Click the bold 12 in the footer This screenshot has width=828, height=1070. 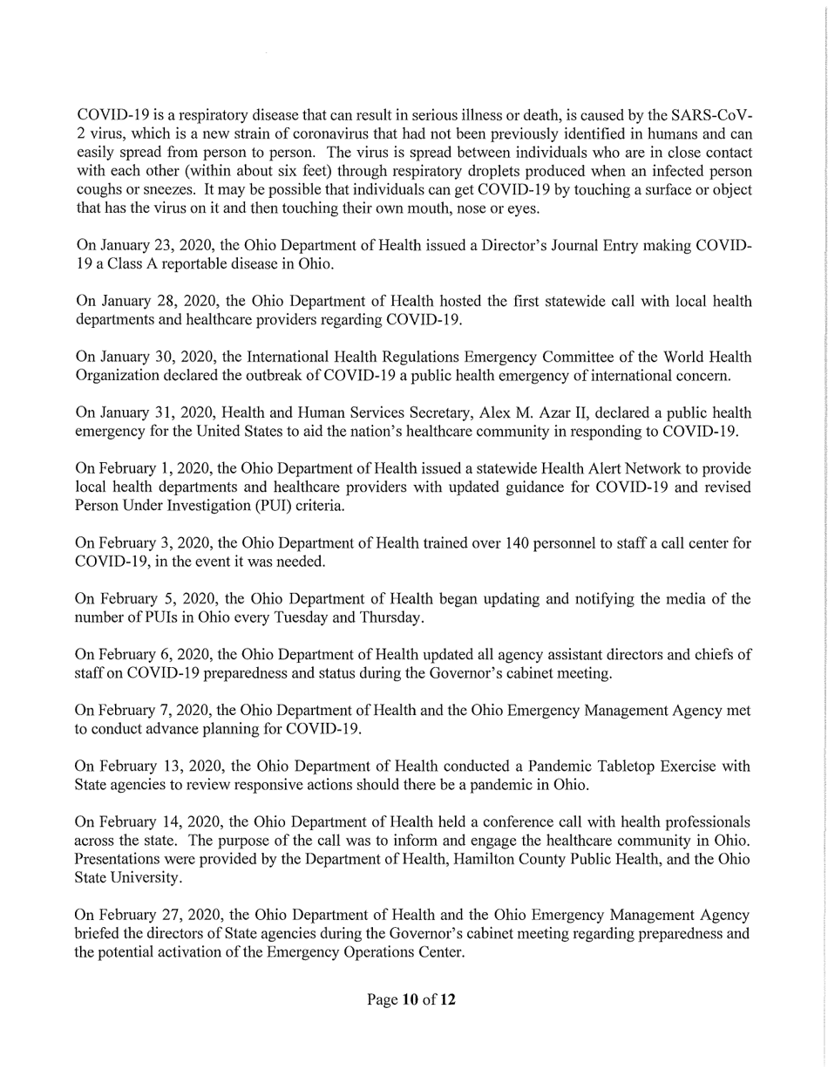[446, 999]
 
